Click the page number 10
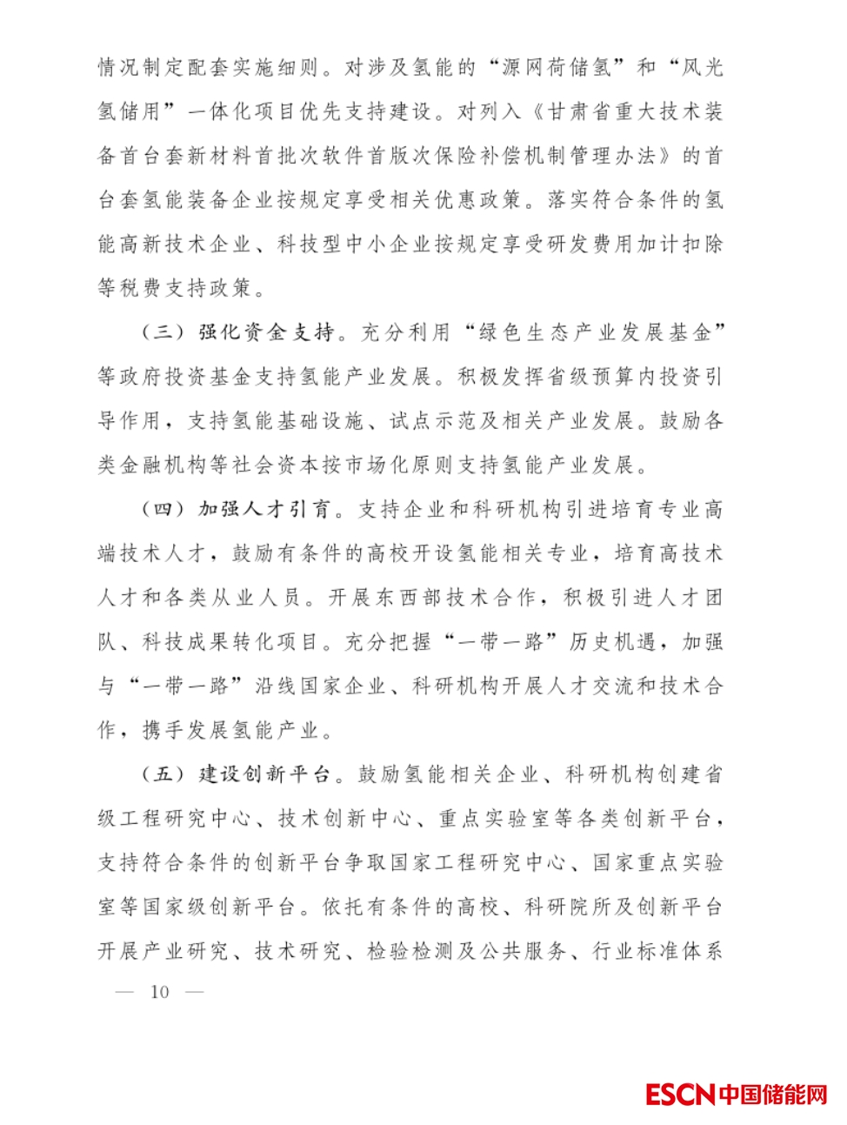(160, 992)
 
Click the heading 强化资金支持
(266, 332)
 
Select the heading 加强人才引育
(264, 510)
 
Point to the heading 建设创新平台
(264, 774)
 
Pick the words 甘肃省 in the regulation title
(580, 111)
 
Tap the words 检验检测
(410, 951)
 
